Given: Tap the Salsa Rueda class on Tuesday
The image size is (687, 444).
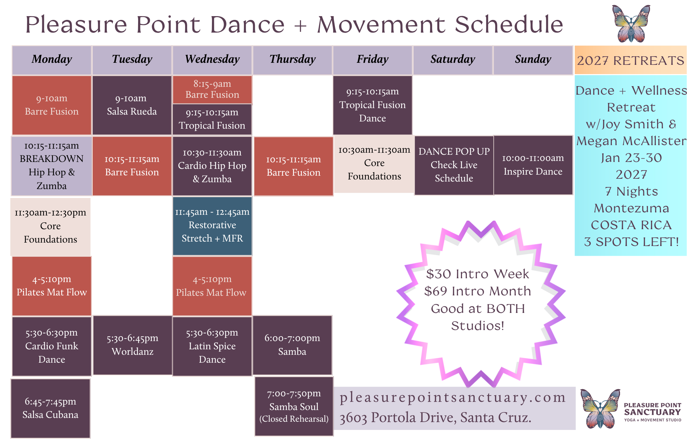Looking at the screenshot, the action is [132, 105].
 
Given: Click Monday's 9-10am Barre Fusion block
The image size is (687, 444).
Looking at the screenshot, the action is [52, 105].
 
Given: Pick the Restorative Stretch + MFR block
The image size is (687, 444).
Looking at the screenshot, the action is [212, 226].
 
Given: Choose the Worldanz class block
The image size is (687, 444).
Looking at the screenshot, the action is [133, 345].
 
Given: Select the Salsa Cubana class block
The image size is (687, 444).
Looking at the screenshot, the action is [50, 408].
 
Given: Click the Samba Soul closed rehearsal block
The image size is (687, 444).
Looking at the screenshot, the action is [294, 406].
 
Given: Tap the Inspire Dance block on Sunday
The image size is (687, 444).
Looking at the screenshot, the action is [533, 165].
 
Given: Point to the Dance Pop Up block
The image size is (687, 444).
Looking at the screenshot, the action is [454, 165].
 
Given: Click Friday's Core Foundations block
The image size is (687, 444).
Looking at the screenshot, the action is [374, 163].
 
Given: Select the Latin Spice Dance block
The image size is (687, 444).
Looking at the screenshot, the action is [212, 346].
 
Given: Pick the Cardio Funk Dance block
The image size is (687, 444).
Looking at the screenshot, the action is [52, 346].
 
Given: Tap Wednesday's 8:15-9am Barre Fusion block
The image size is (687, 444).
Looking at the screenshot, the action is [212, 90].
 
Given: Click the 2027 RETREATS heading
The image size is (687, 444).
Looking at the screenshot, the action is [631, 61].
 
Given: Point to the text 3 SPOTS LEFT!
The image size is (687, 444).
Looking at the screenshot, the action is [631, 242].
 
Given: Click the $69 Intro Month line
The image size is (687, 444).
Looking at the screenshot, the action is [477, 291].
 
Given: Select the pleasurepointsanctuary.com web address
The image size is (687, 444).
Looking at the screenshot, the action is [453, 397].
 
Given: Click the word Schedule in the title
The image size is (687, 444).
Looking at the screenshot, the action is [509, 25].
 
